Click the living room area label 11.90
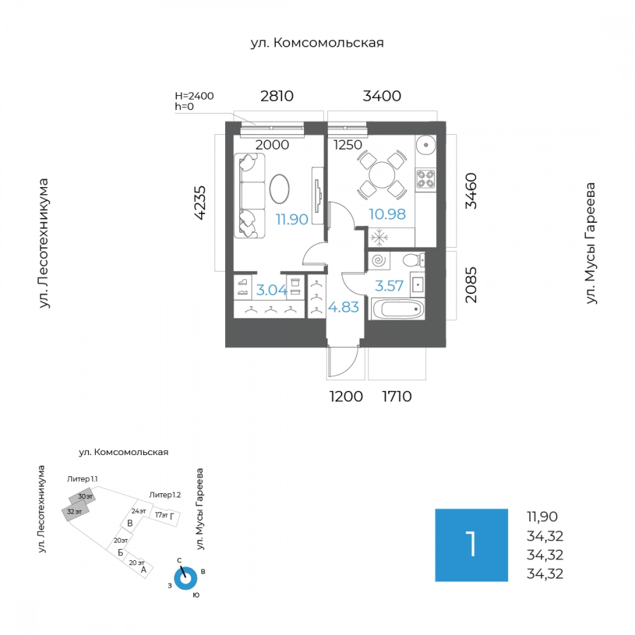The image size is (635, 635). (x=291, y=219)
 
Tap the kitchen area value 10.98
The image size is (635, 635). (x=387, y=214)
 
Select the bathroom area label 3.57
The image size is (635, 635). (x=389, y=286)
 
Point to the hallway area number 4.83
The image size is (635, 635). (x=344, y=308)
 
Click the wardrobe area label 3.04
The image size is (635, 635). (x=272, y=290)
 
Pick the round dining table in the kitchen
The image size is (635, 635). (x=382, y=175)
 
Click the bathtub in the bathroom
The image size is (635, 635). (x=398, y=310)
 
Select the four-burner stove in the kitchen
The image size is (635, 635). (x=425, y=179)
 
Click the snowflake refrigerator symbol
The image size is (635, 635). (x=379, y=238)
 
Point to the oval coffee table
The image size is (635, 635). (x=279, y=188)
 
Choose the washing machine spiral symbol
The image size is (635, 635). (x=379, y=260)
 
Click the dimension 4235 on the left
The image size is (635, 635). (x=201, y=202)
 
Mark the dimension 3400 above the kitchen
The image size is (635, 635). (x=382, y=96)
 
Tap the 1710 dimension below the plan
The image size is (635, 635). (x=397, y=397)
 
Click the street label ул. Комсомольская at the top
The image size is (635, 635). (x=317, y=42)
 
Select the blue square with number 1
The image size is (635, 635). (x=471, y=545)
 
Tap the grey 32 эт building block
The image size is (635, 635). (x=75, y=511)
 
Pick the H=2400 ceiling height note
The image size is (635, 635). (x=195, y=96)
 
